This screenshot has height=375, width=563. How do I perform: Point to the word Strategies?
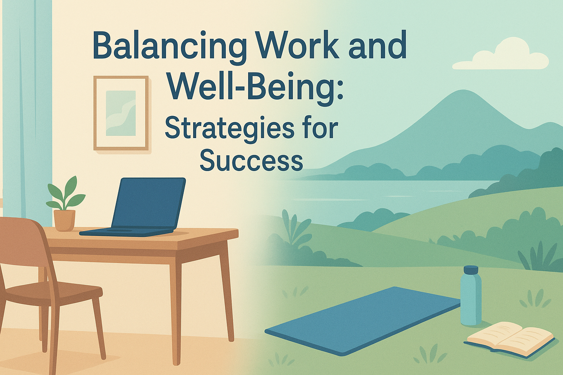[x=229, y=128]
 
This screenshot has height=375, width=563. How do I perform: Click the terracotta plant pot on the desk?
[x=65, y=220]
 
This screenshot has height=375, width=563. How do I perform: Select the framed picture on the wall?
[x=121, y=113]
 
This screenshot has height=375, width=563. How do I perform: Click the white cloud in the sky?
[x=500, y=55]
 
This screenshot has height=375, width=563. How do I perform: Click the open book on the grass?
[x=509, y=337]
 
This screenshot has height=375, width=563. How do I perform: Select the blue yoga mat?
[x=363, y=320]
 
